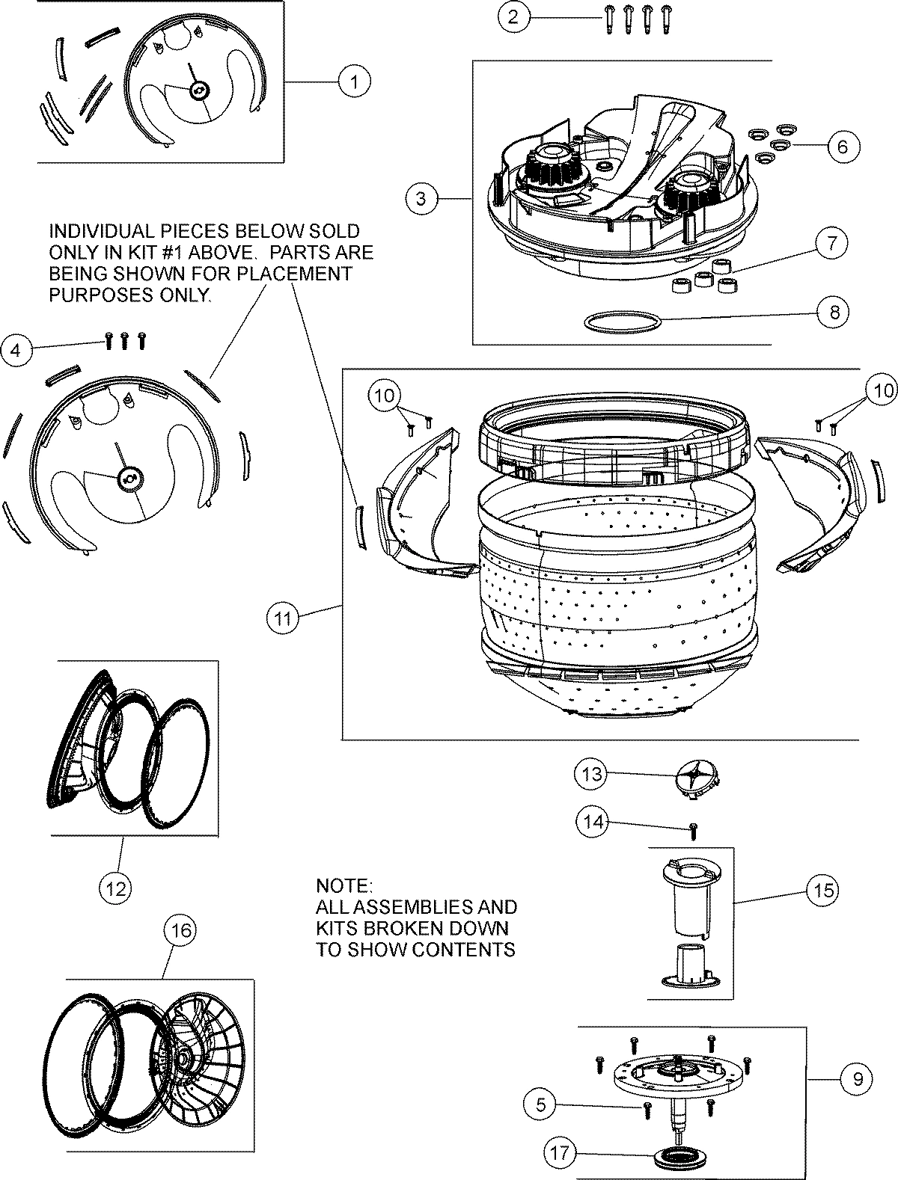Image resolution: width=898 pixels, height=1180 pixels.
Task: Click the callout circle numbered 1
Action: (354, 82)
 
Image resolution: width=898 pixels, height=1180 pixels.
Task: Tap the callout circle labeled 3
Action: (421, 198)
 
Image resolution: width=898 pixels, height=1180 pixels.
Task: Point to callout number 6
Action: (842, 146)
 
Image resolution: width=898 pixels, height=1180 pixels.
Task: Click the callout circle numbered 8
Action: (834, 312)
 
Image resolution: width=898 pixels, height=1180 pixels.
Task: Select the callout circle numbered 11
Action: (282, 618)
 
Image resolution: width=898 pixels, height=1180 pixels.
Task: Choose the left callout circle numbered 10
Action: (386, 396)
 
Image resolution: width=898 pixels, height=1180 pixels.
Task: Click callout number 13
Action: (592, 775)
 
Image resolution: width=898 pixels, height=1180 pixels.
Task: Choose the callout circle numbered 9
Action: (857, 1079)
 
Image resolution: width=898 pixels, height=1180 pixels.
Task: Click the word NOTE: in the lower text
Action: (343, 886)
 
